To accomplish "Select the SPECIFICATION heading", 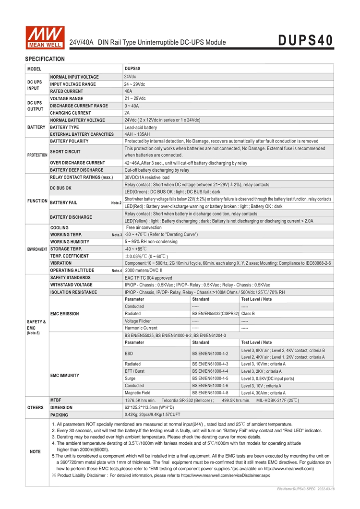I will [x=45, y=59].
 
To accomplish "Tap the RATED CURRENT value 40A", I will [x=128, y=91].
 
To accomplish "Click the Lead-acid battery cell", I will [x=141, y=128].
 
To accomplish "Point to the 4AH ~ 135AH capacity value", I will [x=137, y=134].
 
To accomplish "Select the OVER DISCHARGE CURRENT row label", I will [x=77, y=163].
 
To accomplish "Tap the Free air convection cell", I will [x=144, y=227].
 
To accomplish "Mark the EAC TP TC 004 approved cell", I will [x=148, y=278].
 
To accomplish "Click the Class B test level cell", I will [x=248, y=314].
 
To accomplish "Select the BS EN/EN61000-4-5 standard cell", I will [x=210, y=378].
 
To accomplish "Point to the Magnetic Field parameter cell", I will [x=137, y=392].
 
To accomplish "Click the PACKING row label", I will [x=59, y=414].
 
